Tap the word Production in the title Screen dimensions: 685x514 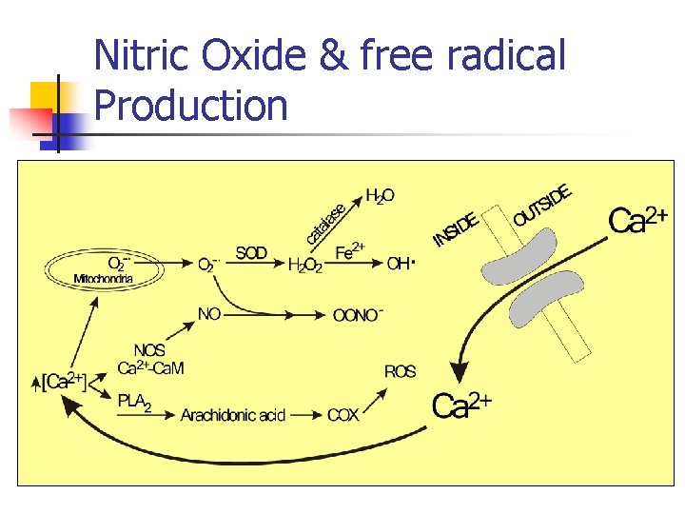point(191,105)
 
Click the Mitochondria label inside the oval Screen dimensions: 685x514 point(104,279)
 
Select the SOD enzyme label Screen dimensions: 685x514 point(251,253)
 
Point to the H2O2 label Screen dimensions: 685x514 point(304,265)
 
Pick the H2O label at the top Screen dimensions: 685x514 point(380,196)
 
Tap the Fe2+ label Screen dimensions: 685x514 point(350,250)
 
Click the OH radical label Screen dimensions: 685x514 point(401,264)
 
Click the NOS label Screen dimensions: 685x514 point(149,351)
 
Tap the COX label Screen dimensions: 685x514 point(342,415)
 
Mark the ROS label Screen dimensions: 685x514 point(400,371)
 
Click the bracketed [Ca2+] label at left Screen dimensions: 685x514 point(63,383)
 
